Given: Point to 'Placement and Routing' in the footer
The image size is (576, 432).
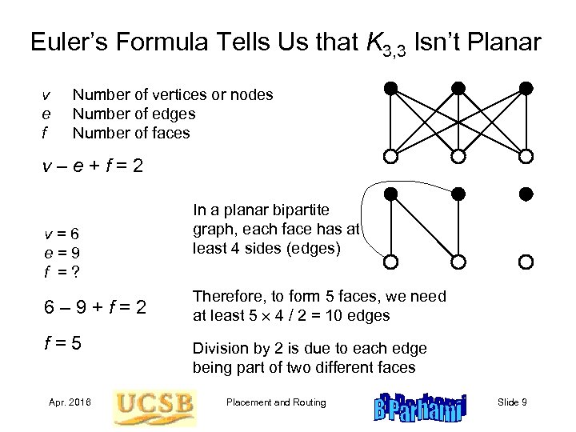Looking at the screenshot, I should (277, 402).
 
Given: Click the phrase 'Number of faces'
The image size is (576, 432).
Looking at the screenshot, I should (131, 132).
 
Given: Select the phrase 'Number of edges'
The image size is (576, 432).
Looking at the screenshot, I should (133, 114).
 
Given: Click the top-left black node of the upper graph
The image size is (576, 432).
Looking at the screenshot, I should (390, 87).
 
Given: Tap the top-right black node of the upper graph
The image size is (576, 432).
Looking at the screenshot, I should (526, 87).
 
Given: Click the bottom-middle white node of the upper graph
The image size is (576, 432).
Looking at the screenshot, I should (458, 156).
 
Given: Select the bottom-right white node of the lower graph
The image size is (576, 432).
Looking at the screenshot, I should (526, 262).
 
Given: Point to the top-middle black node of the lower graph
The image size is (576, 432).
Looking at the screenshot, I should (458, 194).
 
